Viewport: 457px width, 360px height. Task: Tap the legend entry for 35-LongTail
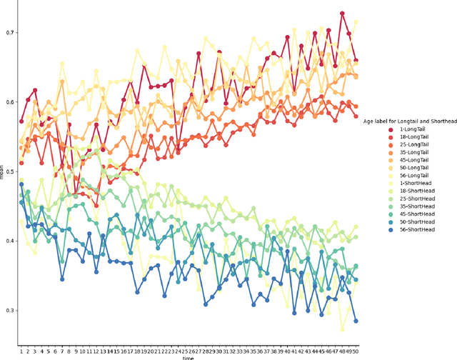[409, 153]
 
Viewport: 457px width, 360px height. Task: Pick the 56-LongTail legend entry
[409, 176]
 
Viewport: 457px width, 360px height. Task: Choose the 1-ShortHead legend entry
[410, 184]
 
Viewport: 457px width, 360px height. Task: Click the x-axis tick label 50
[356, 351]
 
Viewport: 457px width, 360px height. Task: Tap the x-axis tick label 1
[21, 351]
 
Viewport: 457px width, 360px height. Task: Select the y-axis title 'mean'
[3, 174]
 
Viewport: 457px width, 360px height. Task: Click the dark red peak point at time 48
[342, 14]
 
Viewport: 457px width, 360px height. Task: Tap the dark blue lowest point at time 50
[356, 321]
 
